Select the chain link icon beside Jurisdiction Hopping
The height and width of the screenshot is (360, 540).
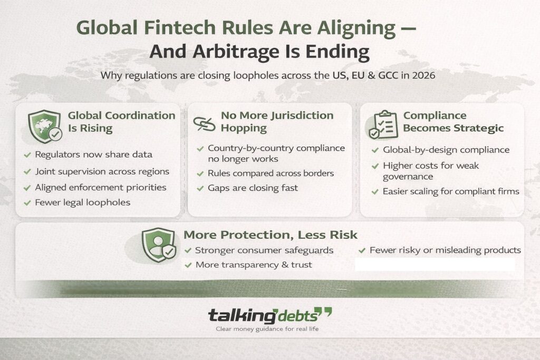204,123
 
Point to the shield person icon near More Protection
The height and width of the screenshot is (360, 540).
158,245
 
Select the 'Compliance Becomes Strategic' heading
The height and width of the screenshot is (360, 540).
454,121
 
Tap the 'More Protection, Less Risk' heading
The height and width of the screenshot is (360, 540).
270,235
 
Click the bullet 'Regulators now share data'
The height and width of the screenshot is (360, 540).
93,154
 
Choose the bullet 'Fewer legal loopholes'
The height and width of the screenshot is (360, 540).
83,202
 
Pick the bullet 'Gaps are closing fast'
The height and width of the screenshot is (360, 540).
253,188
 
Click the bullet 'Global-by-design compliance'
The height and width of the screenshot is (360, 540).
446,150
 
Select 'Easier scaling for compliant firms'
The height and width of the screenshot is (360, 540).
451,191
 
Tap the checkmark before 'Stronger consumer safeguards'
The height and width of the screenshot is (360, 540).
188,250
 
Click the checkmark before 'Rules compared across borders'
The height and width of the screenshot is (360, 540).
200,173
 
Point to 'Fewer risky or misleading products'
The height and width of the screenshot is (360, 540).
445,250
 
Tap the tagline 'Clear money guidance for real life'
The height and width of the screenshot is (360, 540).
267,329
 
